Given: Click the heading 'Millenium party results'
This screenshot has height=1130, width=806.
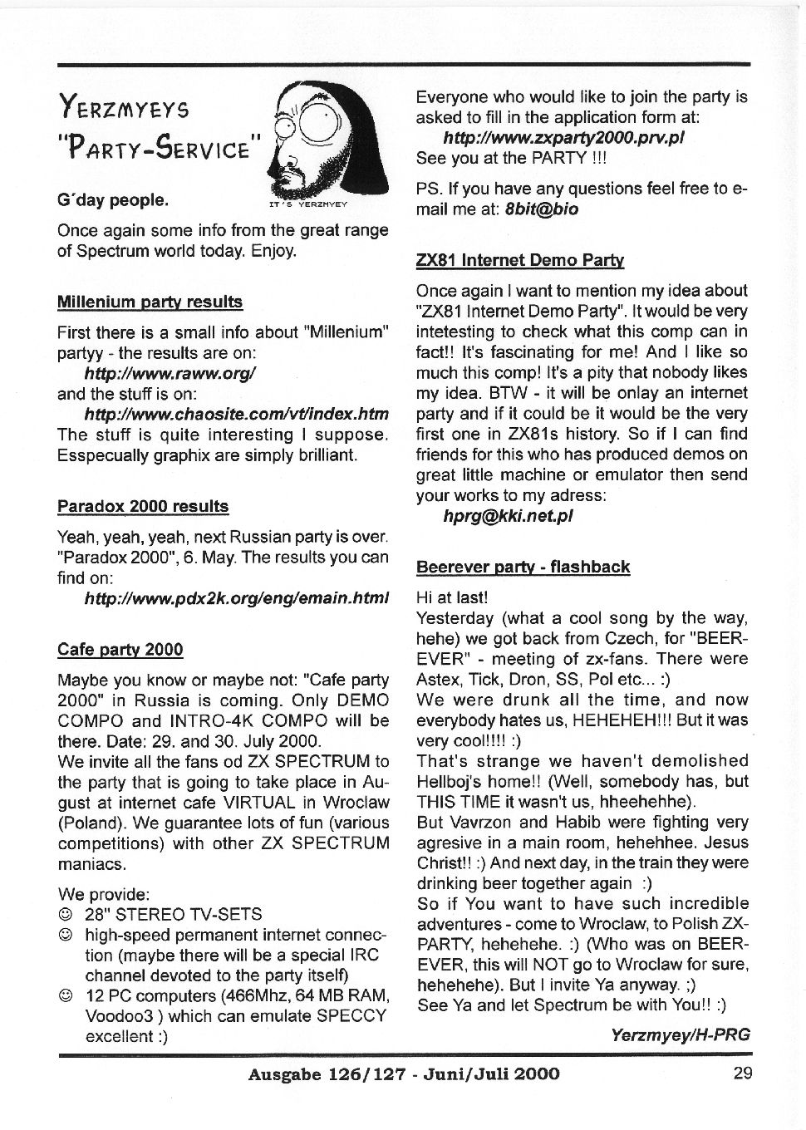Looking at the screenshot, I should pos(150,302).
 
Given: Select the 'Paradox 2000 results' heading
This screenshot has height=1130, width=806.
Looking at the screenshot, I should pos(142,506).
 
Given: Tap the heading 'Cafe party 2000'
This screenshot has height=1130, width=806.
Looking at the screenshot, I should pos(120,650).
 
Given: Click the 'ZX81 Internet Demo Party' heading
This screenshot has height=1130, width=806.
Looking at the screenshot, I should pos(519,260).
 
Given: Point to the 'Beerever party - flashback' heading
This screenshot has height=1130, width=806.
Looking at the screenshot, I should pos(523,567).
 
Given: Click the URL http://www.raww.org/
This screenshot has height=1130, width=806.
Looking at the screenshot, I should pos(169,373).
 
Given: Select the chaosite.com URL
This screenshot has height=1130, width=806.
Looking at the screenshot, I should pos(236,414).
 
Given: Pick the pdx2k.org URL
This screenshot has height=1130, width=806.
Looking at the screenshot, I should pos(236,597).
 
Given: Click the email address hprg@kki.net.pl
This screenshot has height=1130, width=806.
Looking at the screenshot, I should pos(508,516).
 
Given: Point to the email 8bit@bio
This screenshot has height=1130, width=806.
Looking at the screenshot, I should pos(541,209).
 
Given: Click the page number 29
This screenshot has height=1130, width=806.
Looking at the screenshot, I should pos(743,1073).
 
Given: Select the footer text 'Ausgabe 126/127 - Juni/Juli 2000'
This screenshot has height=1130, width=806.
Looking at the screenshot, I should pos(403,1073).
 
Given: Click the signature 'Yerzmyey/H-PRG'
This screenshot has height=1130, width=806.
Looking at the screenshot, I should pos(680,1034).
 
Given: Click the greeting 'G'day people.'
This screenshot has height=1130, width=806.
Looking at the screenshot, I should pos(112,200).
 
